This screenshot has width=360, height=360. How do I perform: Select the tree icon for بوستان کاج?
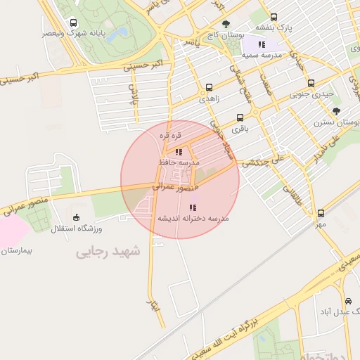[226, 23]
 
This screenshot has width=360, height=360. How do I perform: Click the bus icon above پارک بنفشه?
[274, 18]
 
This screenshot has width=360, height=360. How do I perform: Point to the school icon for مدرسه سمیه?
[262, 44]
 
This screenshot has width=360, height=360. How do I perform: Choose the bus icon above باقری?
[240, 117]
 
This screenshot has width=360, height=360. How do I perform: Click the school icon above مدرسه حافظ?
[179, 151]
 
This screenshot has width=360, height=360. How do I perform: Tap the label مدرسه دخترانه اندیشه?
[193, 219]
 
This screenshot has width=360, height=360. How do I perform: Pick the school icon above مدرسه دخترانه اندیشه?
[193, 207]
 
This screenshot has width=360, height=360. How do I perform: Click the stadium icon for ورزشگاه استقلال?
[77, 217]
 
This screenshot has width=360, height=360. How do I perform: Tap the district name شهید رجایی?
[108, 251]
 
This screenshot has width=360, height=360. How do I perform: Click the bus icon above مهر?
[321, 213]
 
